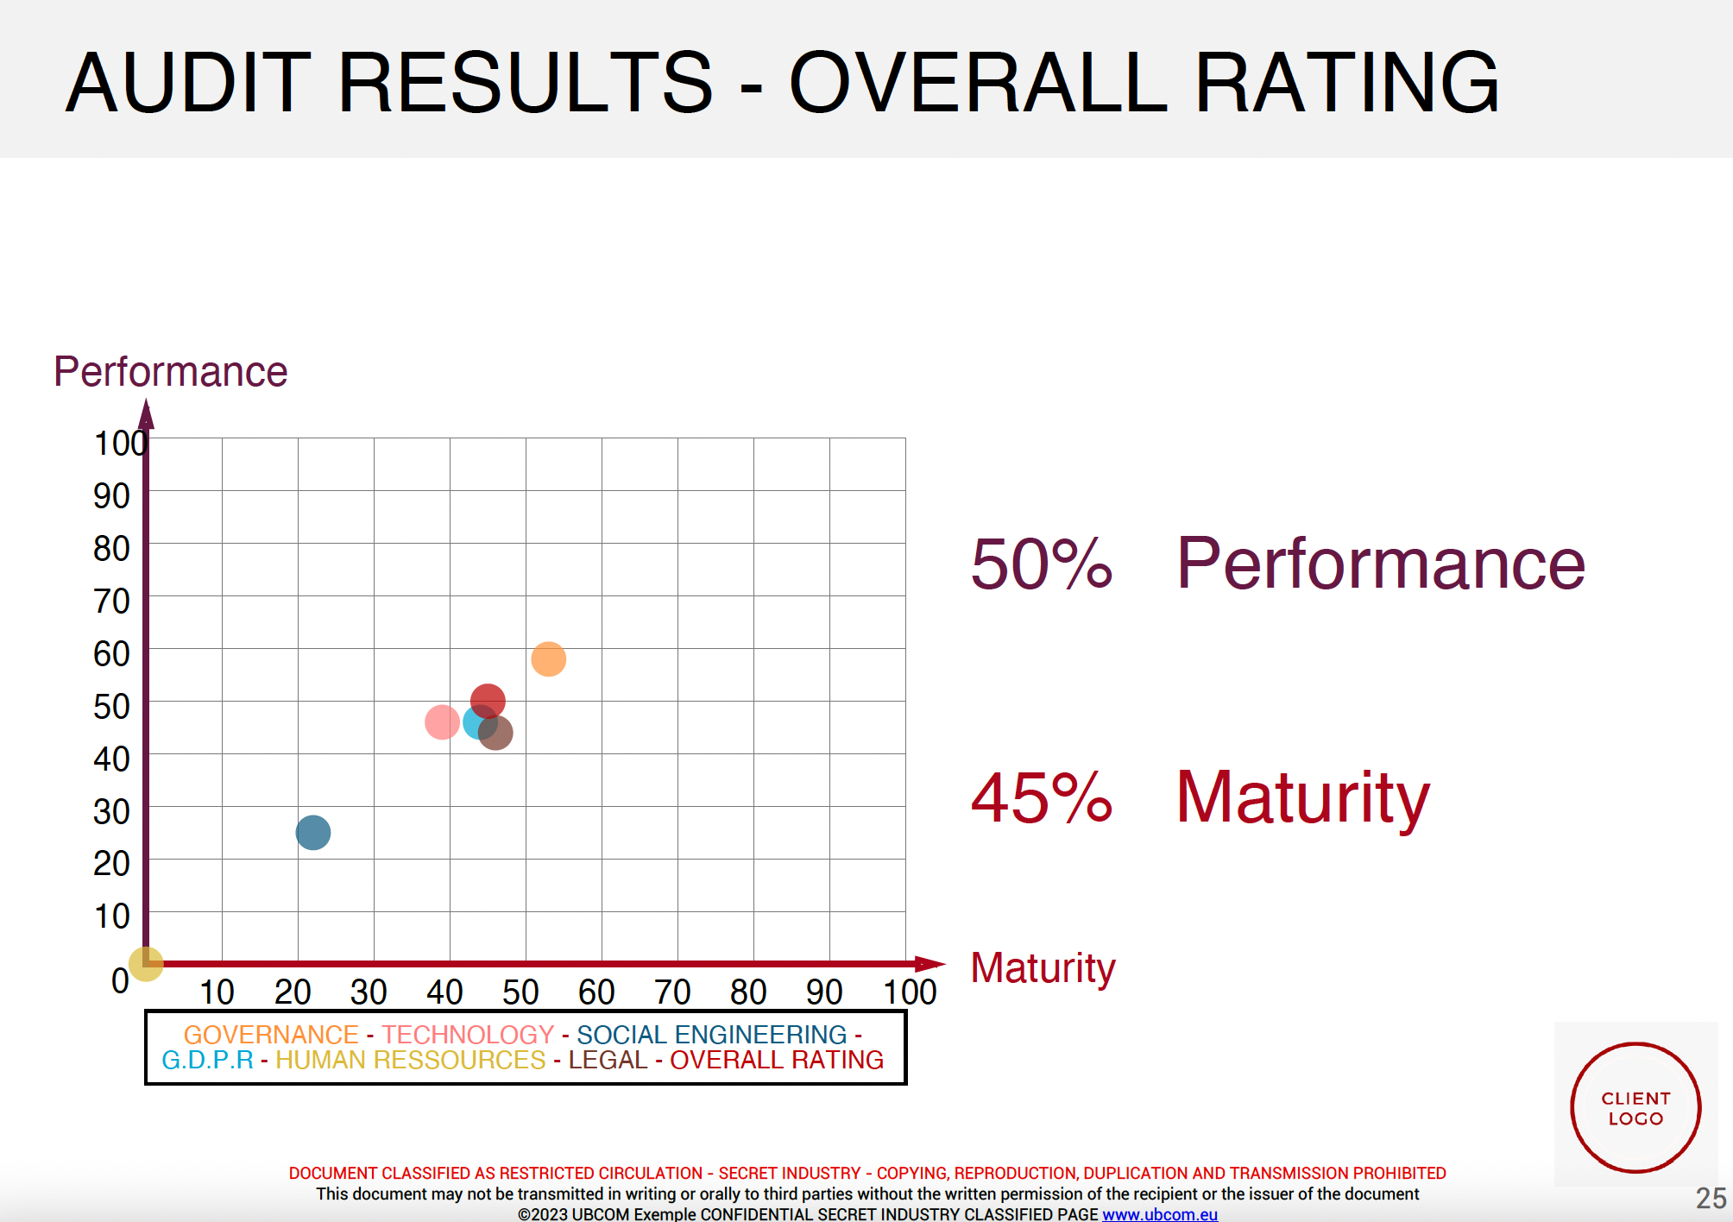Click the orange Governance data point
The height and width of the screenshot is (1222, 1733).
point(548,659)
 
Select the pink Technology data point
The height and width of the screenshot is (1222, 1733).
point(442,721)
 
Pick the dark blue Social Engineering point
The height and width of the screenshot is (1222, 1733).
point(312,832)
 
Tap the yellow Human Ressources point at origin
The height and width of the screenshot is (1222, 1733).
point(146,964)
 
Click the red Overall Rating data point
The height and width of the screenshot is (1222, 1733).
point(488,701)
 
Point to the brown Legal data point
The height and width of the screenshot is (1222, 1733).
point(495,733)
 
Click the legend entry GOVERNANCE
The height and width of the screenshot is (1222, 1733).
point(271,1034)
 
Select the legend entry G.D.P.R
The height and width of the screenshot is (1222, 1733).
point(207,1060)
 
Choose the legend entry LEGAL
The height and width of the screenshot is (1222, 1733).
point(608,1060)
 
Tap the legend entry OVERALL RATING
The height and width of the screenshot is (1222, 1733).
point(777,1060)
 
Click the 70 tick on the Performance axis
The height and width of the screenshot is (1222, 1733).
point(112,601)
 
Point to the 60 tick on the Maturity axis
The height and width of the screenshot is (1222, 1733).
point(596,992)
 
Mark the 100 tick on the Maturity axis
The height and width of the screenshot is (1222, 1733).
point(910,992)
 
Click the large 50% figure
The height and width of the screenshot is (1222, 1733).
point(1042,564)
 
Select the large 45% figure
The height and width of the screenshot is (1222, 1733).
point(1042,797)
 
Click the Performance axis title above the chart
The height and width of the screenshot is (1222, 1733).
point(170,372)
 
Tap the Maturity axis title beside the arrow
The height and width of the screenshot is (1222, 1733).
point(1043,968)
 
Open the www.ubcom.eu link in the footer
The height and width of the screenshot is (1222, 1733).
point(1160,1214)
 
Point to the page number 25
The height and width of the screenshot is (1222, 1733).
point(1711,1198)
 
